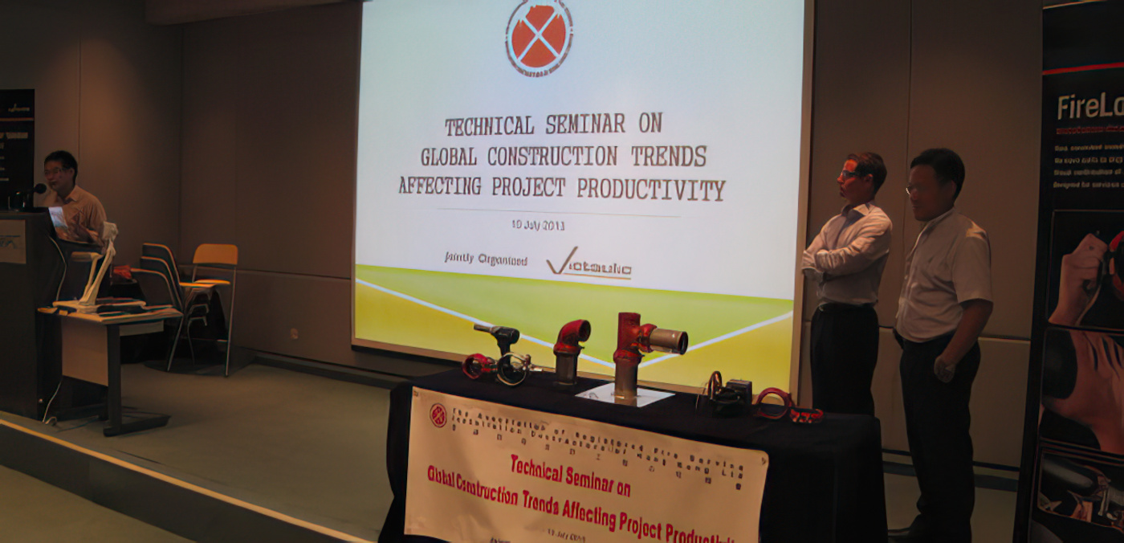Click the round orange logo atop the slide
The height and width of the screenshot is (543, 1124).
coord(539,37)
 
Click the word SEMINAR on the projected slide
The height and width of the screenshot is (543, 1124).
coord(585,125)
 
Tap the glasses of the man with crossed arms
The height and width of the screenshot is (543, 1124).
coord(849,174)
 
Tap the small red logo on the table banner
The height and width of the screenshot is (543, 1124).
coord(438,414)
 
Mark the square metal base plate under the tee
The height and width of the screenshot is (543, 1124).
coord(625,394)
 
